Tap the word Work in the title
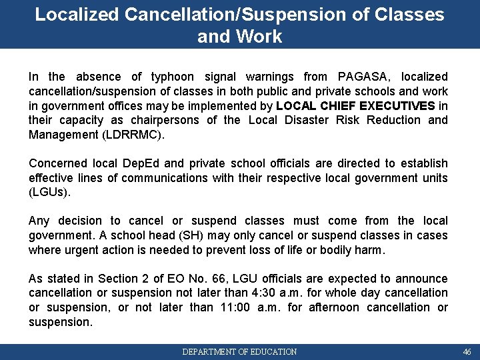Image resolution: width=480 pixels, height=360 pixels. coord(265,36)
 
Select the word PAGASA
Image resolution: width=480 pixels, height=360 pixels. coord(365,77)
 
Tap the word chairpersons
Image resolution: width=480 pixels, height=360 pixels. coord(164,120)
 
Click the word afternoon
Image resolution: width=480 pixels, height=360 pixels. coord(323,307)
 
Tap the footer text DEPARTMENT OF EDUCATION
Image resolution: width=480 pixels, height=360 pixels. coord(239,351)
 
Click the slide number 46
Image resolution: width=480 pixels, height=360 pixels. coord(467,351)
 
